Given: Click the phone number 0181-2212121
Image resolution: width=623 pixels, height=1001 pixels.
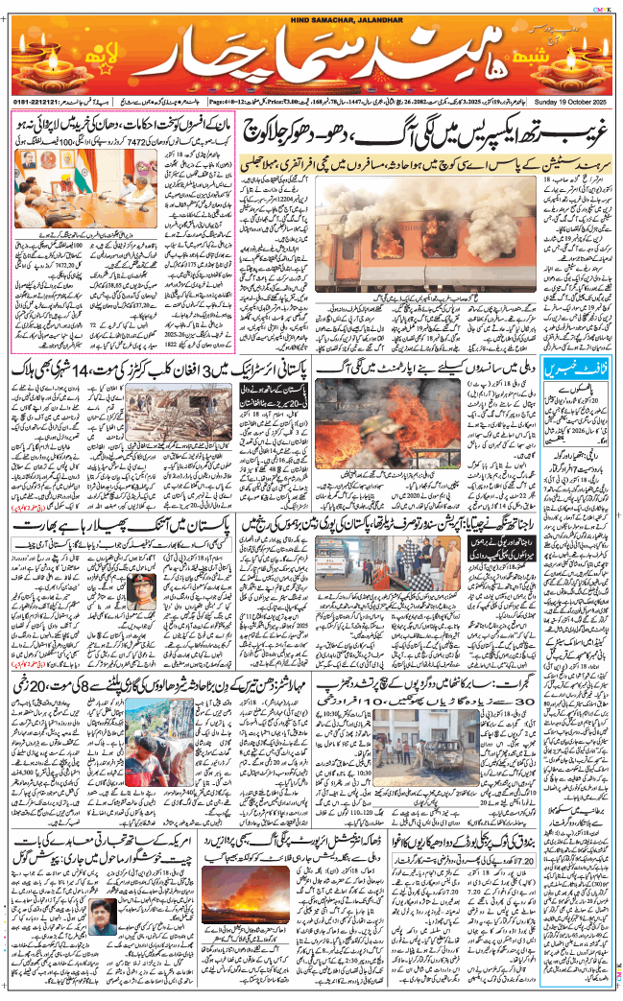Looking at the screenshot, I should (37, 99).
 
